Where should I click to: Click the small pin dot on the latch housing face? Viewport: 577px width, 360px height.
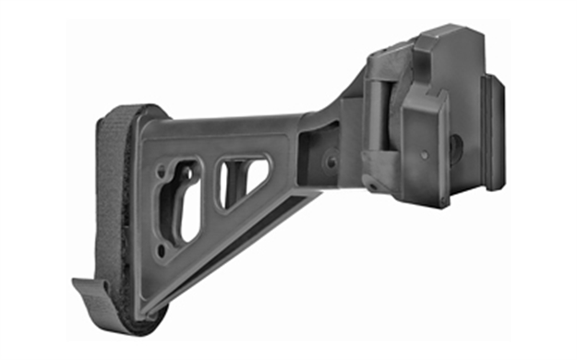tap(424, 155)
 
